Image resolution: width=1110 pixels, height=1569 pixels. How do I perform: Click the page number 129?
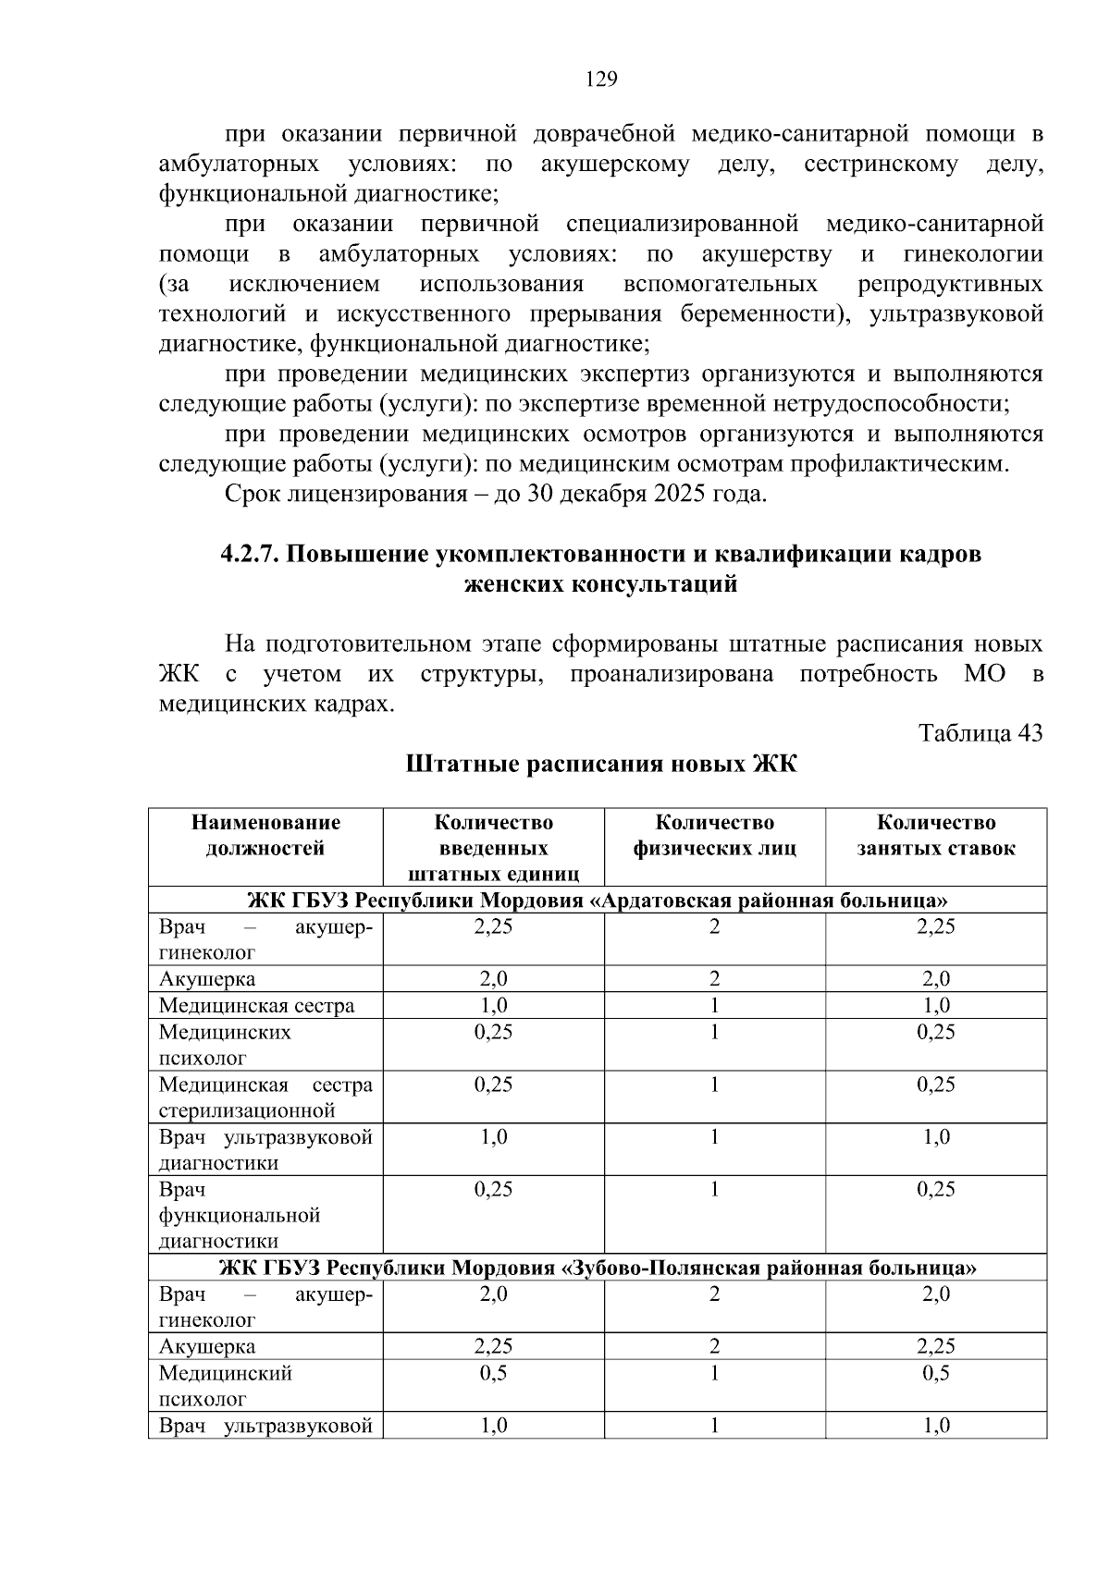(x=601, y=80)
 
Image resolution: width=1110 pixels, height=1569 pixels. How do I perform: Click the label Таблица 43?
(x=980, y=733)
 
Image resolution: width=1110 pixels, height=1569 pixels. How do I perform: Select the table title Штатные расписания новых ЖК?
(x=600, y=765)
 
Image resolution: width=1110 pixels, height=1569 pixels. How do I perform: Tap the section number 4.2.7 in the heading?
(x=249, y=554)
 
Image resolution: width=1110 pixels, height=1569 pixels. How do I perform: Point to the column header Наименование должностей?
(x=265, y=835)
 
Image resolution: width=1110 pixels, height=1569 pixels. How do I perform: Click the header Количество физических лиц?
(x=714, y=835)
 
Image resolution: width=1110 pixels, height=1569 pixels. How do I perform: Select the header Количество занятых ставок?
(x=935, y=835)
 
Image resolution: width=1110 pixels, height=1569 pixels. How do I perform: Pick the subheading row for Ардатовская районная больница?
(x=597, y=900)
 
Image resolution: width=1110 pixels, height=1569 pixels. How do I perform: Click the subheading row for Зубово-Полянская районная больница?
(x=597, y=1267)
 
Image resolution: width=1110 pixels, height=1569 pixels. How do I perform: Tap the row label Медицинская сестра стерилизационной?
(x=265, y=1097)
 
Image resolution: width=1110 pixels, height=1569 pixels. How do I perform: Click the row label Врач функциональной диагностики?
(x=240, y=1214)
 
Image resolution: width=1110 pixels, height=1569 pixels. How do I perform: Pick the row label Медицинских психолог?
(x=225, y=1045)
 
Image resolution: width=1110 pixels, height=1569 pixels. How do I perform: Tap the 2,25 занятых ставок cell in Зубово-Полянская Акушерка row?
(x=935, y=1346)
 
